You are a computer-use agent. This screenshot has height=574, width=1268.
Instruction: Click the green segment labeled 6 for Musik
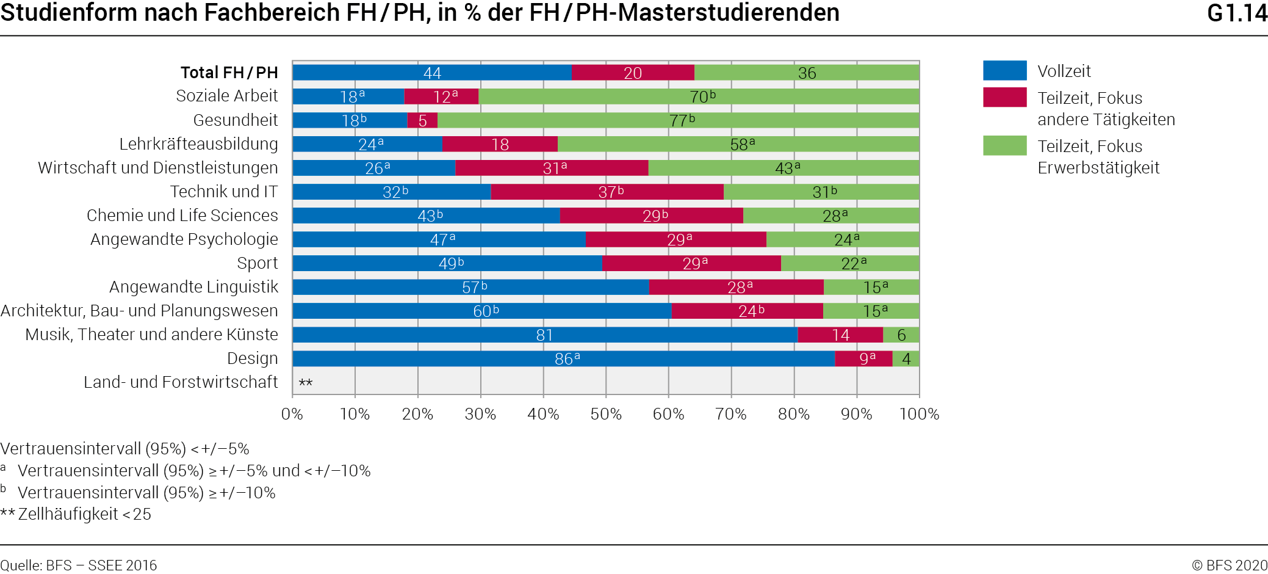[x=901, y=335]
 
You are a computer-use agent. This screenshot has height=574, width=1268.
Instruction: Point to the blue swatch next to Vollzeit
[x=1004, y=71]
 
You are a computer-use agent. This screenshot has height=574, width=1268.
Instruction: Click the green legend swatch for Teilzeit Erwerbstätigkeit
[x=1004, y=146]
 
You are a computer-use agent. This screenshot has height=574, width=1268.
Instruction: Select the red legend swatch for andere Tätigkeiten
[x=1004, y=98]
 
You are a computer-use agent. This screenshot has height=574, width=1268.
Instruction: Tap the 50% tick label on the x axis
[x=606, y=414]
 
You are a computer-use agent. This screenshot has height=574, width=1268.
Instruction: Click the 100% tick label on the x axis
[x=919, y=414]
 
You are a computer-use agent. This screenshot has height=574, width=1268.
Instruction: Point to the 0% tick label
[x=292, y=414]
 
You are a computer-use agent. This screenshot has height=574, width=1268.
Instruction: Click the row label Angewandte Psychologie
[x=184, y=239]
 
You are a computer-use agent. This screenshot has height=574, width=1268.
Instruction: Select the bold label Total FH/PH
[x=229, y=73]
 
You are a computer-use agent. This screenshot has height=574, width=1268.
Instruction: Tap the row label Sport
[x=257, y=263]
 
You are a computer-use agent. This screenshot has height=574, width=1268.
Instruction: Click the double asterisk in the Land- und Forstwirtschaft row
[x=305, y=383]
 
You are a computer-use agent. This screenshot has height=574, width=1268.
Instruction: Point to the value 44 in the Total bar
[x=432, y=73]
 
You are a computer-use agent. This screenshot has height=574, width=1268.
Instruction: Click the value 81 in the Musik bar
[x=544, y=335]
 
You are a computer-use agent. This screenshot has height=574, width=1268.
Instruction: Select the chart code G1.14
[x=1237, y=13]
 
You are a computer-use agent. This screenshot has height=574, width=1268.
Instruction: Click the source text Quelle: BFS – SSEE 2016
[x=79, y=565]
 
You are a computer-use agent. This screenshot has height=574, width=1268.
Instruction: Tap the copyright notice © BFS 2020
[x=1229, y=565]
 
